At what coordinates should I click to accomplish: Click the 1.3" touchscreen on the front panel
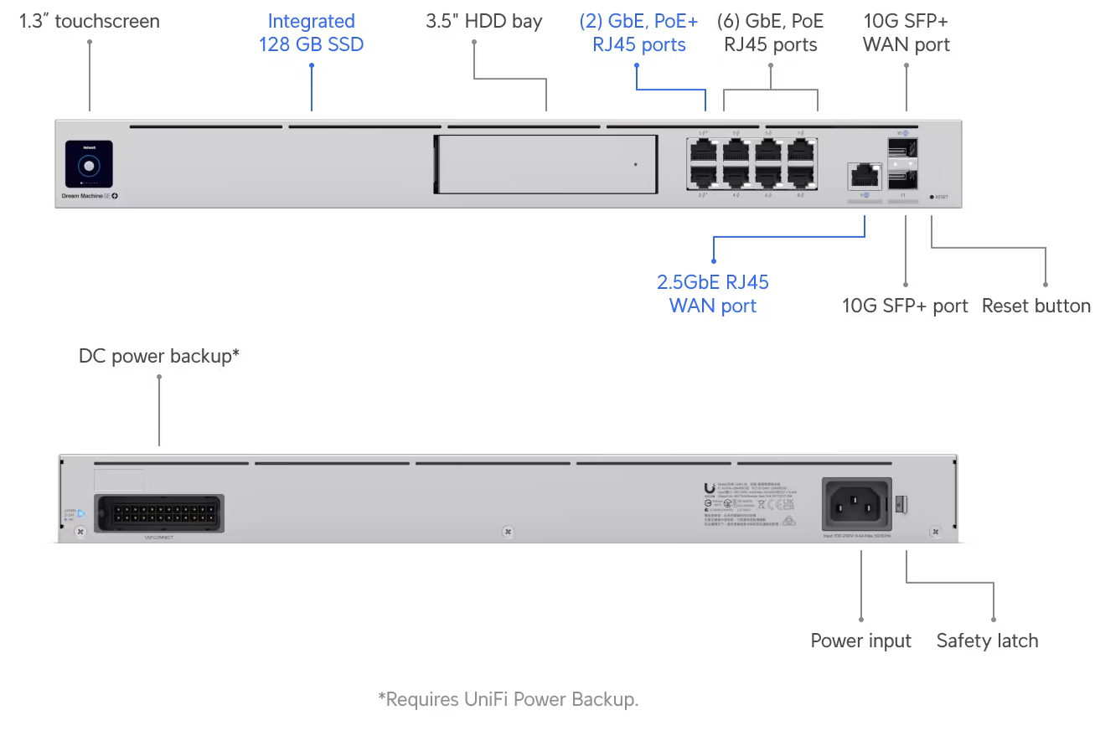click(x=89, y=164)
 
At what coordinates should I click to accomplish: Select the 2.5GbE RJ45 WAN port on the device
click(x=863, y=175)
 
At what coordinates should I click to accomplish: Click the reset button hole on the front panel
click(x=932, y=198)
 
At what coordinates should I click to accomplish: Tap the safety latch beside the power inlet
click(x=902, y=504)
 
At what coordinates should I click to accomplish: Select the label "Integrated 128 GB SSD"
click(x=311, y=33)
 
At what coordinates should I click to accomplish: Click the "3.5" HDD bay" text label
click(x=483, y=22)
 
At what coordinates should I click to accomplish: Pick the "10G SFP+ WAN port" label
click(x=906, y=33)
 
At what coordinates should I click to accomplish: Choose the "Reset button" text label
click(x=1036, y=306)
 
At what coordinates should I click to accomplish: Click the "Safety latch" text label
click(x=987, y=641)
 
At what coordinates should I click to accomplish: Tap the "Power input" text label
click(x=860, y=641)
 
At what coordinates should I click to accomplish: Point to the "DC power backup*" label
click(x=159, y=356)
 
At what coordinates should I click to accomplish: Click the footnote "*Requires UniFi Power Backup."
click(x=508, y=698)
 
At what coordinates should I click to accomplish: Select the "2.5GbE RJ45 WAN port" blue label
click(x=712, y=293)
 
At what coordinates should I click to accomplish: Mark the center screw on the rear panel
click(x=506, y=531)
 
